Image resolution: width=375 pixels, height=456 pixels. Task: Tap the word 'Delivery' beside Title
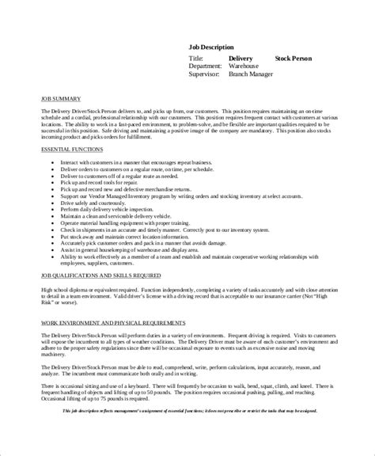click(241, 59)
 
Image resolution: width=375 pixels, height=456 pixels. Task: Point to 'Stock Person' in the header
click(294, 59)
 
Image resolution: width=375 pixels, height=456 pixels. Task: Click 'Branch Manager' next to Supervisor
click(252, 74)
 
